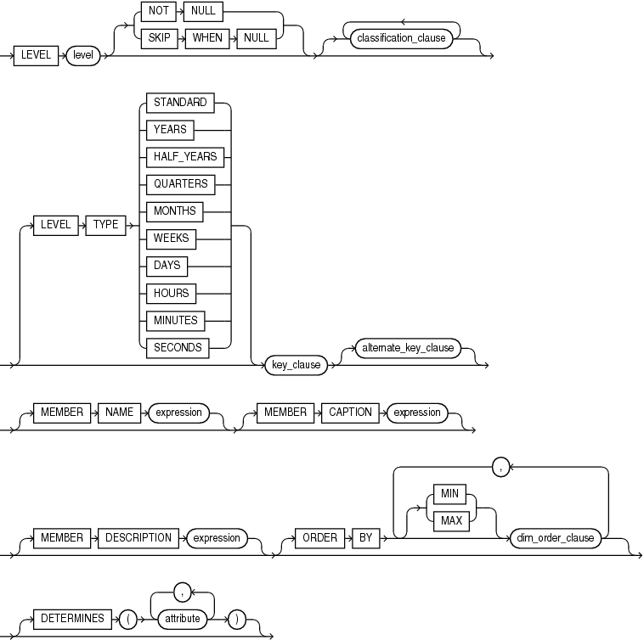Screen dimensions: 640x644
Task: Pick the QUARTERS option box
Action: [x=179, y=184]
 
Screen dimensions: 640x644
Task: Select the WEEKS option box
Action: [x=172, y=239]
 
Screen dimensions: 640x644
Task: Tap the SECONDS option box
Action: [x=177, y=347]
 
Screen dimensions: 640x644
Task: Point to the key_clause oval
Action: [x=295, y=365]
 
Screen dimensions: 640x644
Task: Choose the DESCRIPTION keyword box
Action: [x=138, y=537]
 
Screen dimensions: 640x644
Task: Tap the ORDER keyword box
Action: [x=314, y=537]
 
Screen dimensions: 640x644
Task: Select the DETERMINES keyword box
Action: [x=72, y=619]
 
